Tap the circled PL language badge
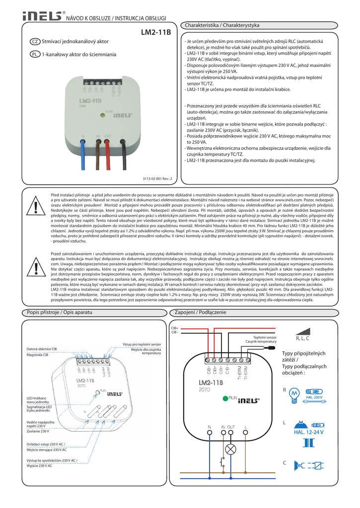35,54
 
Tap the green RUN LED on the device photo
101,114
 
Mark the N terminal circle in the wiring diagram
209,434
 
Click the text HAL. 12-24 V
308,433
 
